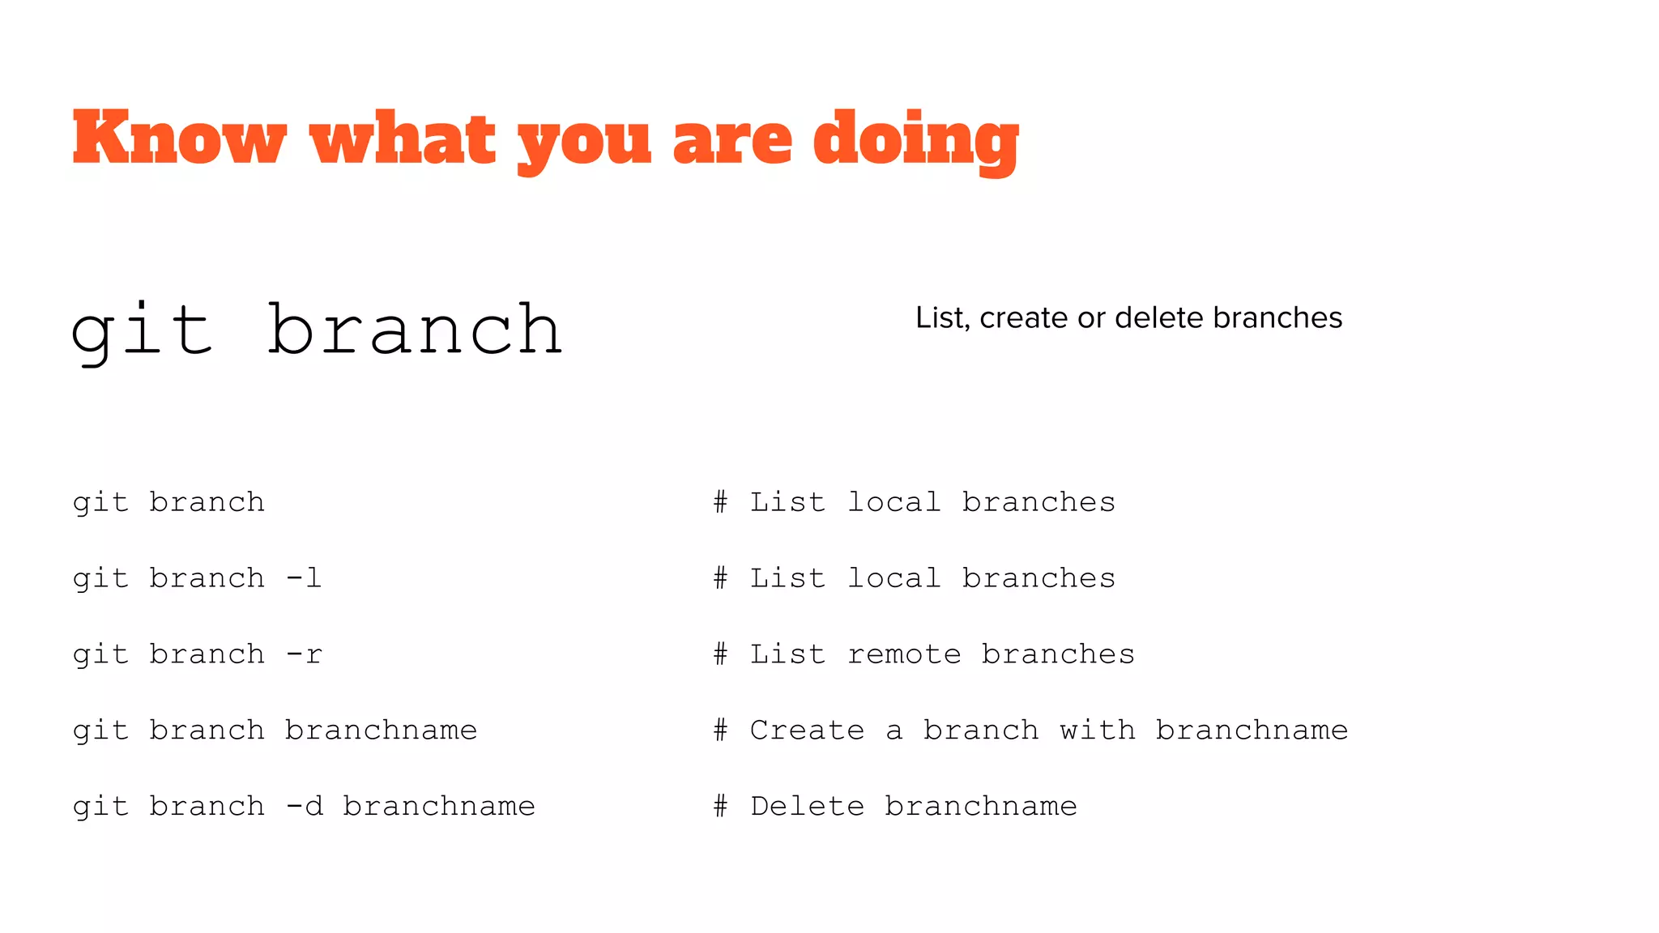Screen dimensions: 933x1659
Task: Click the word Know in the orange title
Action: [179, 139]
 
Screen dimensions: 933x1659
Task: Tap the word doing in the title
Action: [915, 139]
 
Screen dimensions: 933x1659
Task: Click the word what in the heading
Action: [403, 139]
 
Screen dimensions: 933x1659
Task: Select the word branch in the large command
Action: [414, 330]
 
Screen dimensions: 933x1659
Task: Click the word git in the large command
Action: [143, 330]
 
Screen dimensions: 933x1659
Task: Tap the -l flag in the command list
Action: [305, 578]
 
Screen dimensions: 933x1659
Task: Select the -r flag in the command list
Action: [305, 654]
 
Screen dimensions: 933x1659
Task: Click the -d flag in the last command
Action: [305, 807]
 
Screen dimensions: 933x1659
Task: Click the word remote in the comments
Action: [904, 654]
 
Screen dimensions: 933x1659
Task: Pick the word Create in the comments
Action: [807, 731]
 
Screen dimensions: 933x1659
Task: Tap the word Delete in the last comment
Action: [807, 807]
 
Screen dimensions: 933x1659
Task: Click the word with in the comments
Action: [1097, 731]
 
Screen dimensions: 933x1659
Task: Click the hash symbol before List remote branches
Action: [720, 654]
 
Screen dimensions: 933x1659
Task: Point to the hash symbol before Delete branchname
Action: [720, 807]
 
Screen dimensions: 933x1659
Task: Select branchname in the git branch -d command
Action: [438, 807]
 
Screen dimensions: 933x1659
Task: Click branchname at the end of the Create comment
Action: [1252, 731]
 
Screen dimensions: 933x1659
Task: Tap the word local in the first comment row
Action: [893, 502]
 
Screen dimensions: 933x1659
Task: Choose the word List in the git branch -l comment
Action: [787, 578]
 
